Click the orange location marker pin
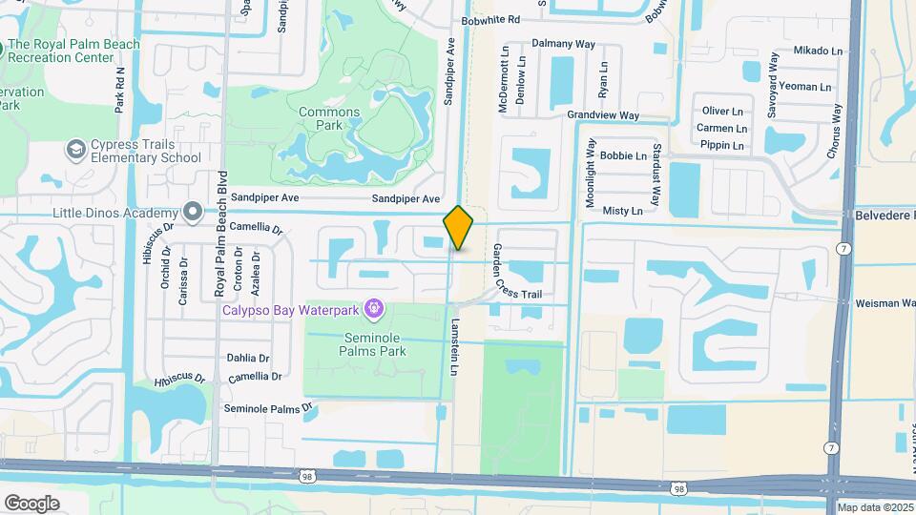click(x=458, y=228)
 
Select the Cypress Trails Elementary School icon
click(x=75, y=150)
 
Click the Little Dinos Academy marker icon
click(x=193, y=212)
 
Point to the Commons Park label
click(x=329, y=118)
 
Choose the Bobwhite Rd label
click(x=489, y=19)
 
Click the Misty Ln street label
click(x=623, y=210)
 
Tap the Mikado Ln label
click(x=818, y=51)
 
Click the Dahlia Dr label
click(x=248, y=358)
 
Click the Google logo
click(x=31, y=503)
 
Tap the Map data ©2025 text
click(x=875, y=507)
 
